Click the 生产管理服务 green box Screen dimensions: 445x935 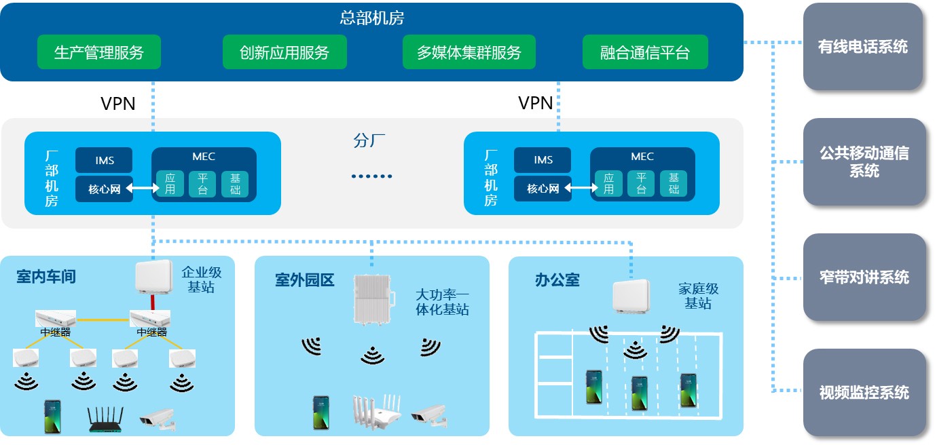pyautogui.click(x=99, y=52)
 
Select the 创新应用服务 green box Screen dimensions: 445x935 pyautogui.click(x=285, y=52)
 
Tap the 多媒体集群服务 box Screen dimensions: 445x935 pyautogui.click(x=469, y=52)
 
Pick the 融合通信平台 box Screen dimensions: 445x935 pyautogui.click(x=645, y=52)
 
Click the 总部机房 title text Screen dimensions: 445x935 pyautogui.click(x=372, y=18)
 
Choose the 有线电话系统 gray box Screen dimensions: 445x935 pyautogui.click(x=864, y=47)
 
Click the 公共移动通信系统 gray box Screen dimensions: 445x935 pyautogui.click(x=864, y=162)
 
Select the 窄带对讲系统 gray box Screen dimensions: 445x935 pyautogui.click(x=864, y=277)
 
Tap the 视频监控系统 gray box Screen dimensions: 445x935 pyautogui.click(x=864, y=393)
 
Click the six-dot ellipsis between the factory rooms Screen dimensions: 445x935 pyautogui.click(x=372, y=176)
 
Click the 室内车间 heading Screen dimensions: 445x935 pyautogui.click(x=46, y=277)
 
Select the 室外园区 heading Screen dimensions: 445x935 pyautogui.click(x=305, y=280)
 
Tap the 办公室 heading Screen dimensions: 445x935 pyautogui.click(x=557, y=280)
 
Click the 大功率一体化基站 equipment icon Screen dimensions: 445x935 pyautogui.click(x=372, y=298)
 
